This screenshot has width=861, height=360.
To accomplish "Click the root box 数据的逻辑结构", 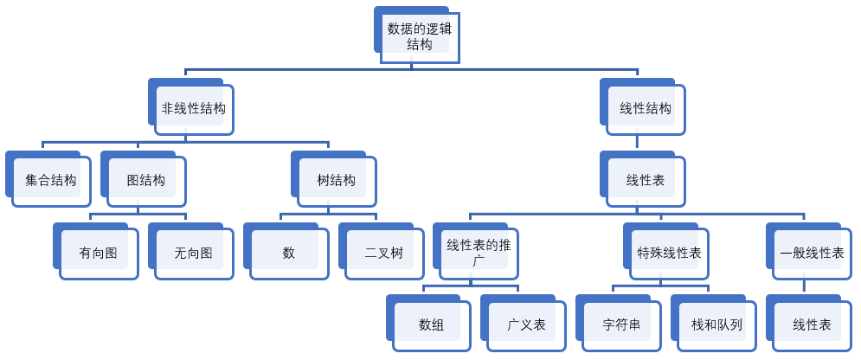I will (x=420, y=36).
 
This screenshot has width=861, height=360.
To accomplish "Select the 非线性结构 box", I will (x=194, y=109).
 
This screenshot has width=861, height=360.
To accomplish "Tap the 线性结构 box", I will (x=646, y=109).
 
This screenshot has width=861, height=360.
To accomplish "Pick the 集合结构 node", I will (x=51, y=181).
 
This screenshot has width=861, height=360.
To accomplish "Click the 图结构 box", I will (x=146, y=181).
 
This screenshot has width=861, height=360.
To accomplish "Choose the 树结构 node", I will (x=337, y=181).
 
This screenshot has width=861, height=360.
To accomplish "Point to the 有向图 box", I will (x=99, y=254).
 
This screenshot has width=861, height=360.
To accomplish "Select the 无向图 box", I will (x=194, y=254).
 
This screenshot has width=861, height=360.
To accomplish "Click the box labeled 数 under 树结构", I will (x=289, y=254).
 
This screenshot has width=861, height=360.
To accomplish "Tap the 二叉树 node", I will (x=384, y=254).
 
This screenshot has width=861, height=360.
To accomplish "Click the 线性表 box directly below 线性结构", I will (x=646, y=181).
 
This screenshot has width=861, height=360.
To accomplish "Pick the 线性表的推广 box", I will (x=479, y=253).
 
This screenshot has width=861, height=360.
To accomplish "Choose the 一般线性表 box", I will (x=812, y=253).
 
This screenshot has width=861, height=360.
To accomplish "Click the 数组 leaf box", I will (x=432, y=325).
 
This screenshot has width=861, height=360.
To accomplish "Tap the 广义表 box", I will (x=527, y=325).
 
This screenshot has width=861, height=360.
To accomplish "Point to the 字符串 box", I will (x=622, y=325).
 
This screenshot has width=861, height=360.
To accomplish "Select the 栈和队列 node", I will (x=717, y=325).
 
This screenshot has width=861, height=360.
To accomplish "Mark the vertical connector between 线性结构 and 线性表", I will (x=638, y=144).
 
